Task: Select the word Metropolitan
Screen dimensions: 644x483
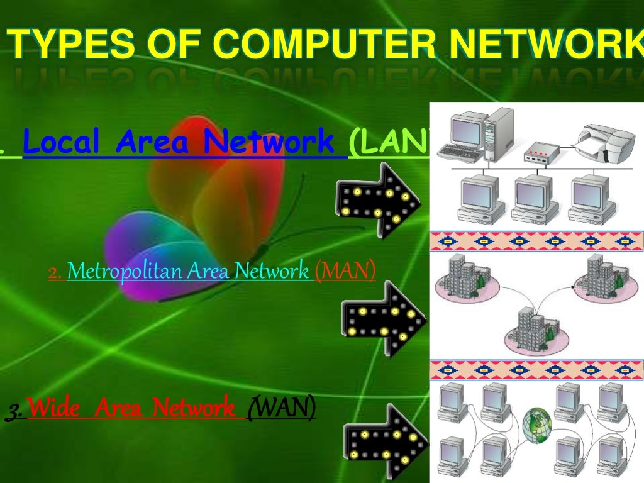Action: tap(123, 271)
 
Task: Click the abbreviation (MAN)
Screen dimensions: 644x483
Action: tap(345, 271)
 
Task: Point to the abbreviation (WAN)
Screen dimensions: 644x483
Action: tap(281, 409)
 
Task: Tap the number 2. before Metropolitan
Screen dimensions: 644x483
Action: tap(55, 272)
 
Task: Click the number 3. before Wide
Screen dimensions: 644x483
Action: tap(15, 411)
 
